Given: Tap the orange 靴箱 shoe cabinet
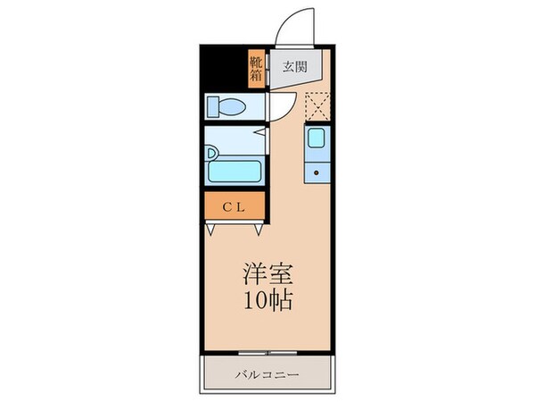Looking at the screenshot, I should (x=256, y=67).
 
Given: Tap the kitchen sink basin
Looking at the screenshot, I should (x=317, y=138).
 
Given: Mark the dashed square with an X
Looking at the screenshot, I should (x=317, y=106).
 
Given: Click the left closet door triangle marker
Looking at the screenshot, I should (x=211, y=229).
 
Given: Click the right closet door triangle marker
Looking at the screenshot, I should (x=258, y=229).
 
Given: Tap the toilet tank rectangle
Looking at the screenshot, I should (x=212, y=107).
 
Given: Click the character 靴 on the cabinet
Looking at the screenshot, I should (x=256, y=61).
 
